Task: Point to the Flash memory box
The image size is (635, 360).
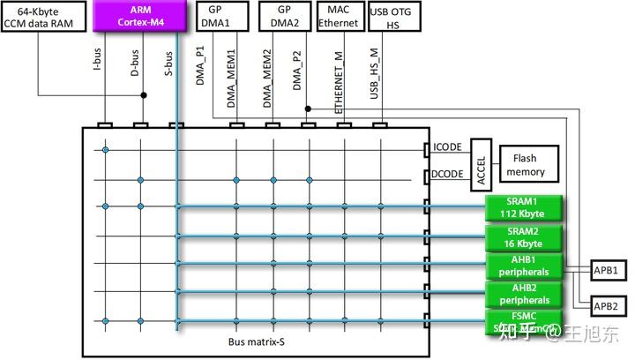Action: pyautogui.click(x=526, y=164)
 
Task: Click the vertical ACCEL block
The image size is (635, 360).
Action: pyautogui.click(x=482, y=163)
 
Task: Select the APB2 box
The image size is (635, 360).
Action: pyautogui.click(x=605, y=305)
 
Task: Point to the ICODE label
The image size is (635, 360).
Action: pyautogui.click(x=448, y=147)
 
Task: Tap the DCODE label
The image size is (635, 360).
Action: pyautogui.click(x=448, y=176)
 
